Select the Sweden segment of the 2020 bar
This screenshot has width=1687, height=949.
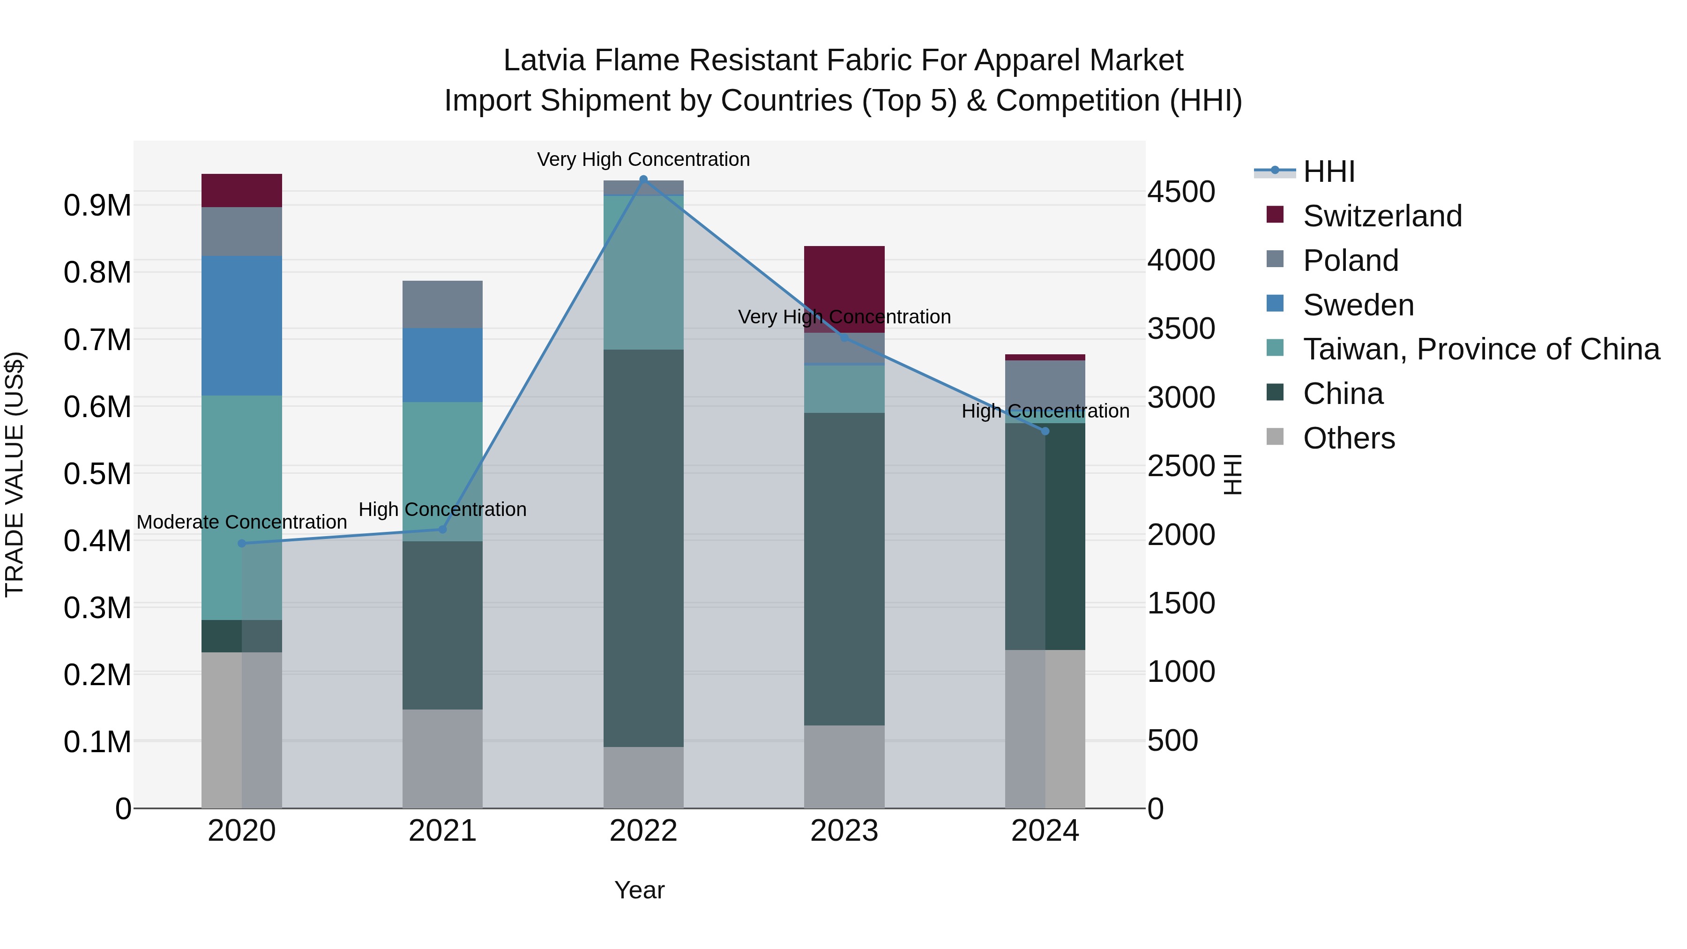pyautogui.click(x=242, y=326)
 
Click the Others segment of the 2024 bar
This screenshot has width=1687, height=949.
pyautogui.click(x=1045, y=728)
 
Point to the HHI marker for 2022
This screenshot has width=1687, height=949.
pyautogui.click(x=643, y=179)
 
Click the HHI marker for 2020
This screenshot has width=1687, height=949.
pyautogui.click(x=242, y=543)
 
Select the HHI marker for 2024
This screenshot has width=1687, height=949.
pyautogui.click(x=1045, y=431)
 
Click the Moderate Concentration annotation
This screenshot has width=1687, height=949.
pyautogui.click(x=242, y=522)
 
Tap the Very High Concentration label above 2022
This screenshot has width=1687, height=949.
pyautogui.click(x=643, y=159)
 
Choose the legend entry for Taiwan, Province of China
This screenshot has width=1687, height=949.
pyautogui.click(x=1481, y=349)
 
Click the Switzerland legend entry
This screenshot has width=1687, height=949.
pyautogui.click(x=1382, y=216)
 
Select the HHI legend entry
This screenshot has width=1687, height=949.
pyautogui.click(x=1328, y=172)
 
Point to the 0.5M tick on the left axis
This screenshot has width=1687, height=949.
pyautogui.click(x=97, y=473)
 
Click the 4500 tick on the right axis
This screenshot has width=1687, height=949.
pyautogui.click(x=1181, y=192)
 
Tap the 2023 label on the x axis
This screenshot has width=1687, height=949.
pyautogui.click(x=844, y=831)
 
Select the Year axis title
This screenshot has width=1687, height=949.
pyautogui.click(x=639, y=890)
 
